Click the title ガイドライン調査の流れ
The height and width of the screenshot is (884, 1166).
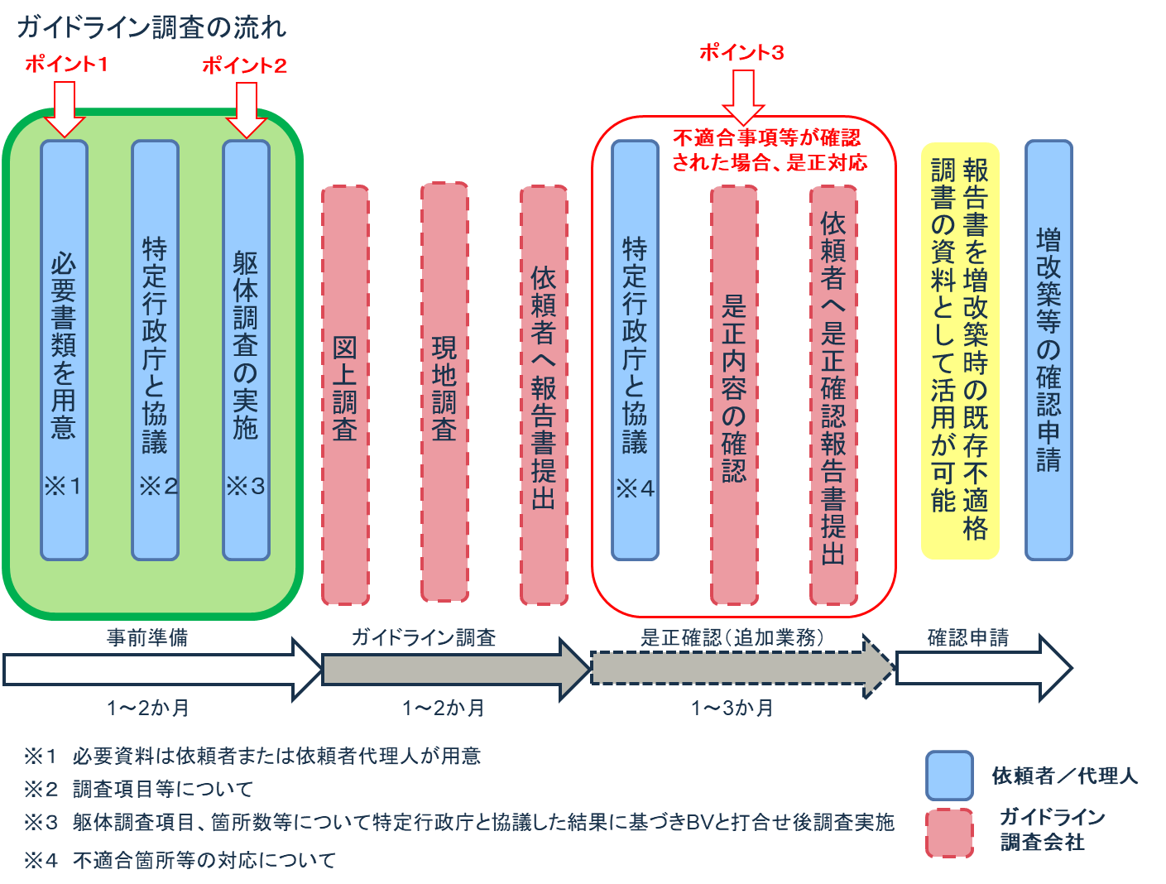click(151, 27)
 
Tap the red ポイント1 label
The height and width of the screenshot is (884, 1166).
click(66, 64)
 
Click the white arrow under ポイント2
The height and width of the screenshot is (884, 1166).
click(246, 111)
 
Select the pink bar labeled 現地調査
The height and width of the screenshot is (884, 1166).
click(444, 392)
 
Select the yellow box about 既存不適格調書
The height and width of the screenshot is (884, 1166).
click(960, 351)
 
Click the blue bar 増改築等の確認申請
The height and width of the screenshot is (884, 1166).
click(1048, 349)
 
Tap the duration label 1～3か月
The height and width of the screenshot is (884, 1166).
click(732, 709)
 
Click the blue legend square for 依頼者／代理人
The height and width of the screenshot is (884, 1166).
click(949, 775)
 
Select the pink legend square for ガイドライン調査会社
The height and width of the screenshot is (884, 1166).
click(949, 832)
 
